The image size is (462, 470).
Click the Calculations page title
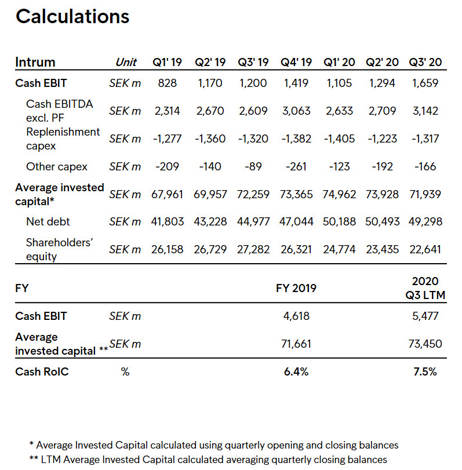coord(72,16)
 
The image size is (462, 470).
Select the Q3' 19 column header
coord(253,62)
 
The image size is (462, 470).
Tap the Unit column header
coord(126,62)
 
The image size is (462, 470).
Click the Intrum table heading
coord(35,62)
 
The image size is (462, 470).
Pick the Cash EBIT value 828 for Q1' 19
coord(168,83)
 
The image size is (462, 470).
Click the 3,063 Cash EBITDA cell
coord(296,111)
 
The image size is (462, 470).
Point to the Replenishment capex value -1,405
coord(339,139)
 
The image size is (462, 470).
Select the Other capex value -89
coord(253,166)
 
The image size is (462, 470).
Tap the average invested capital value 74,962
coord(339,194)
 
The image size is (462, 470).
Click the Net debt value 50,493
coord(382,221)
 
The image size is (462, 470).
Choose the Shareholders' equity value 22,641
coord(425,249)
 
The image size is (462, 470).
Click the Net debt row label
coord(48,221)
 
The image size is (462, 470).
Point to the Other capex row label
coord(57,167)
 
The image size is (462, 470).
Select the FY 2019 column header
coord(296,288)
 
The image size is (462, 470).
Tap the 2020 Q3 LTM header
coord(425,288)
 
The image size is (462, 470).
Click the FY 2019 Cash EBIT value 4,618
coord(296,316)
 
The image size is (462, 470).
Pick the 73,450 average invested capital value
coord(425,344)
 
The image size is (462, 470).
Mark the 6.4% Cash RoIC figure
coord(296,371)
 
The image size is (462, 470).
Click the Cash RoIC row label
coord(42,371)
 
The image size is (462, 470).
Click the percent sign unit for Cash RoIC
coord(125,372)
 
